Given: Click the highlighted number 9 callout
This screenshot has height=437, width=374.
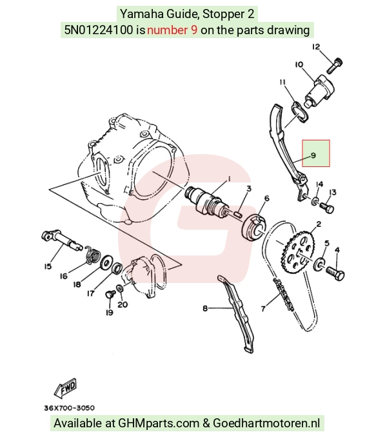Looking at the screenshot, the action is (316, 153).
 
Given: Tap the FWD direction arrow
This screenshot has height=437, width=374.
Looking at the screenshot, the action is (65, 388).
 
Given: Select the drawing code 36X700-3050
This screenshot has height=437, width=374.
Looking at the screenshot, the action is (70, 408).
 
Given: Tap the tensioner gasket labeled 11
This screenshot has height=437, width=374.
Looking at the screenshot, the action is (300, 112).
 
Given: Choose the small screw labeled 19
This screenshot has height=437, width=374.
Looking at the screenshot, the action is (110, 294).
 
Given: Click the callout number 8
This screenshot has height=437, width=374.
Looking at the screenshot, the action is (205, 308).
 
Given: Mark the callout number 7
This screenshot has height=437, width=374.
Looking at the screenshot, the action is (263, 308).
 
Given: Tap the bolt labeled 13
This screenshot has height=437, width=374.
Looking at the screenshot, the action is (326, 208).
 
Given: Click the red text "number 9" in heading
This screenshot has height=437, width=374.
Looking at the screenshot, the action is (172, 30).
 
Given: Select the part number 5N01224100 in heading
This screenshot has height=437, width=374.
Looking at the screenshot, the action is (99, 30).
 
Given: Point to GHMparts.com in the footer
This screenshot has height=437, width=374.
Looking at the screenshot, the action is (159, 423).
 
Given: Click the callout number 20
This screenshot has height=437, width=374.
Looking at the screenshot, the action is (123, 304).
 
